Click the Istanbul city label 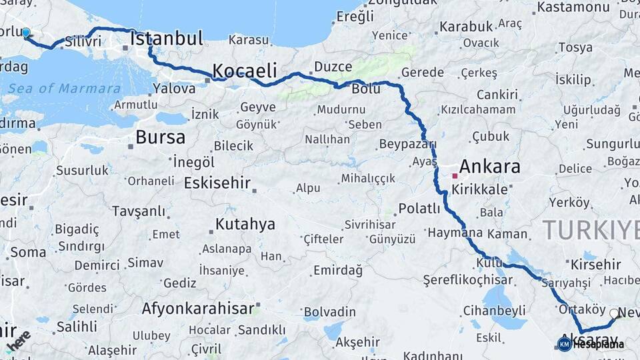[167, 39]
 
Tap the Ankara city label [489, 166]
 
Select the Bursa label [160, 137]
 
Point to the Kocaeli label [244, 71]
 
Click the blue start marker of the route [26, 33]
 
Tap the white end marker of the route [614, 313]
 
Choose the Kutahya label [245, 224]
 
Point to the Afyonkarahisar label [198, 309]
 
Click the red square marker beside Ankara [455, 176]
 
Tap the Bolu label [366, 89]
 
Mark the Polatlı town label [419, 209]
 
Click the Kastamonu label [573, 7]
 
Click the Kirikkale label [479, 189]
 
